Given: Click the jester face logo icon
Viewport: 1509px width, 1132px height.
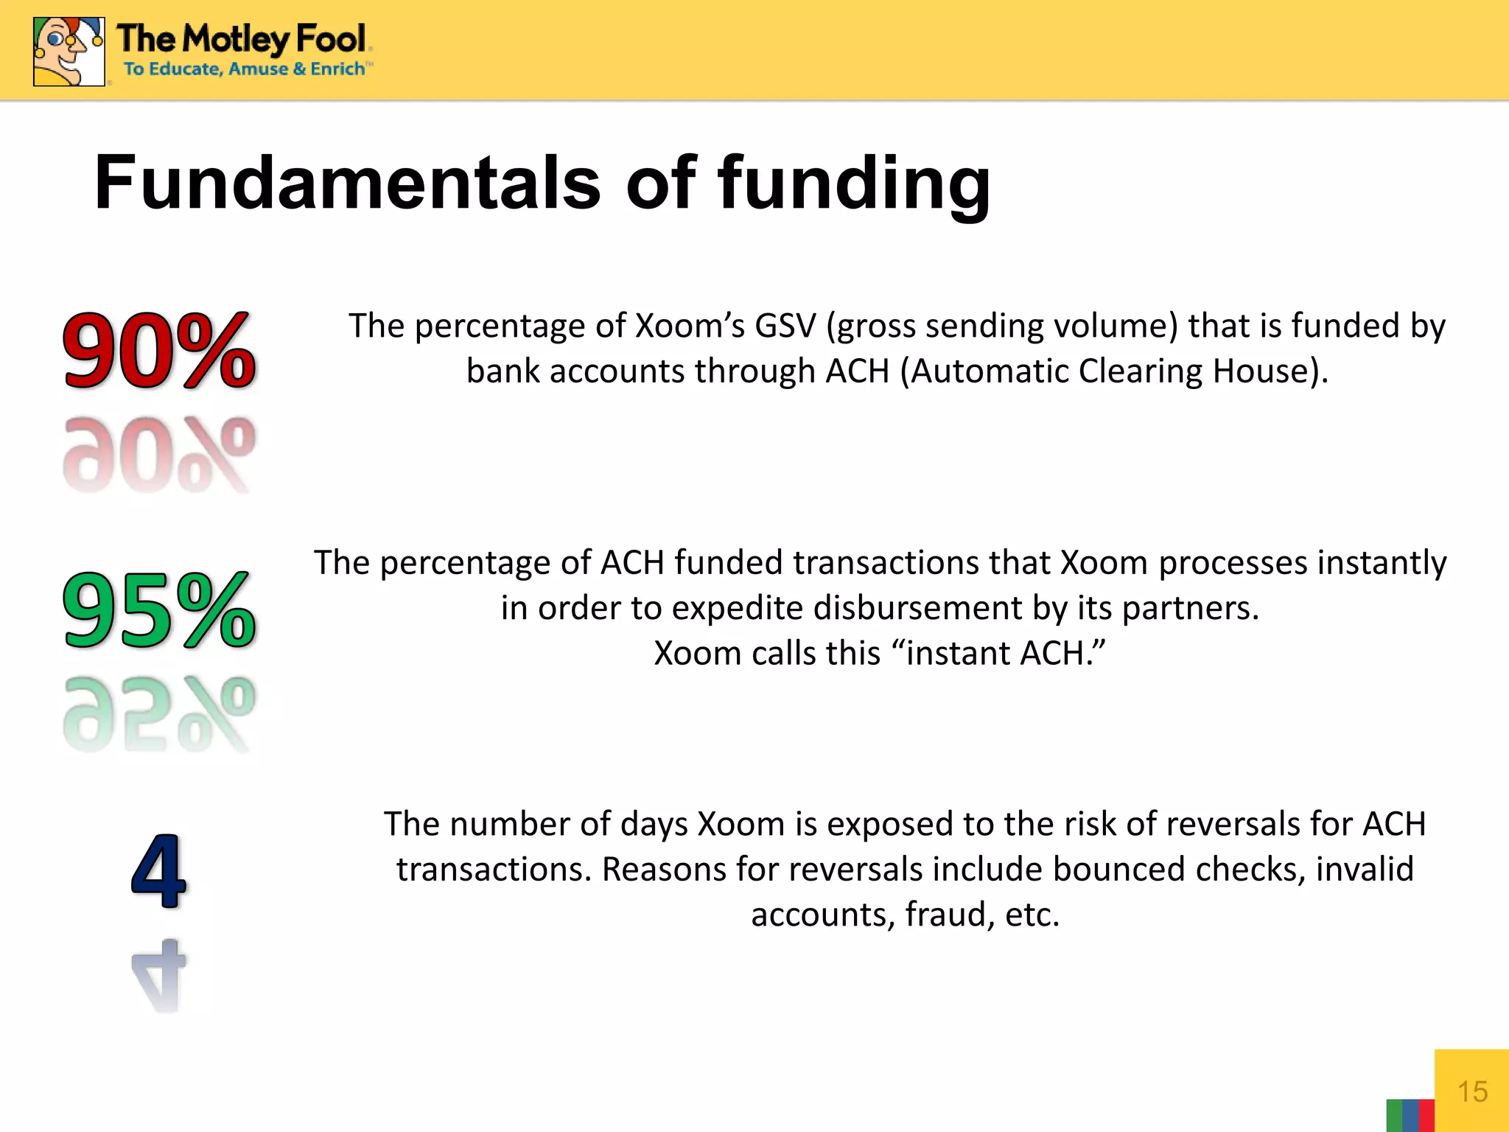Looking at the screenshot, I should pyautogui.click(x=69, y=52).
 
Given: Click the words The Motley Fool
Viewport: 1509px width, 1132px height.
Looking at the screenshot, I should pyautogui.click(x=242, y=38).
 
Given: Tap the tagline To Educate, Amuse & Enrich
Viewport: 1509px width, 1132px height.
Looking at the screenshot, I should pyautogui.click(x=245, y=69).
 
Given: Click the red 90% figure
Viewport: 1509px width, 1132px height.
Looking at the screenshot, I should pyautogui.click(x=159, y=349).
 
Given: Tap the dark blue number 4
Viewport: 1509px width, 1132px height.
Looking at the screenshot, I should pyautogui.click(x=159, y=871).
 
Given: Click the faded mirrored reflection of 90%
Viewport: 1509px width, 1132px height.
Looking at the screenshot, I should pyautogui.click(x=159, y=454).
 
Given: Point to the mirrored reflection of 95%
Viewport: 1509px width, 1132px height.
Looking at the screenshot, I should pyautogui.click(x=159, y=713).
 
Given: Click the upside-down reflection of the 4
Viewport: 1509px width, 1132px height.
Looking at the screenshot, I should pyautogui.click(x=159, y=974).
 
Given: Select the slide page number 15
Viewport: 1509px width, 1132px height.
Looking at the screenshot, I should pyautogui.click(x=1472, y=1091).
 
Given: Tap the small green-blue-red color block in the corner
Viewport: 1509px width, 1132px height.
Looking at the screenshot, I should pyautogui.click(x=1410, y=1115).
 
